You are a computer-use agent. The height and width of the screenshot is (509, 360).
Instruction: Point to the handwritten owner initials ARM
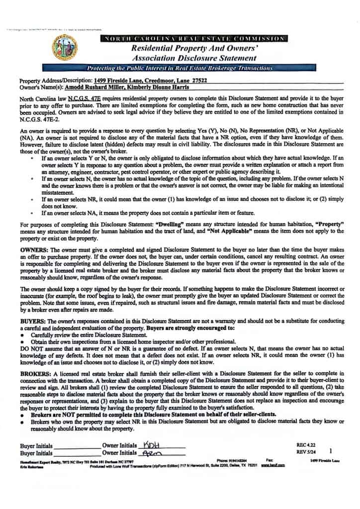coord(149,452)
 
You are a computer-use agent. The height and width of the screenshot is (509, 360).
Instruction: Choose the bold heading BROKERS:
coord(35,373)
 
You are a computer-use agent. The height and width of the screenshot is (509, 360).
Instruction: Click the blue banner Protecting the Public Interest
coord(180,68)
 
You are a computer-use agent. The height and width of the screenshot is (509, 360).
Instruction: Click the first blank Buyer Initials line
coord(76,447)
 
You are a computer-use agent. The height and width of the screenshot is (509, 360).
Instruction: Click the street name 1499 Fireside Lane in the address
coord(116,80)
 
